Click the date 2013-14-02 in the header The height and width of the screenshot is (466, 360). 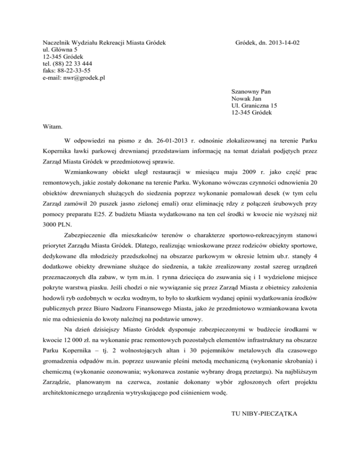(283, 43)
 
